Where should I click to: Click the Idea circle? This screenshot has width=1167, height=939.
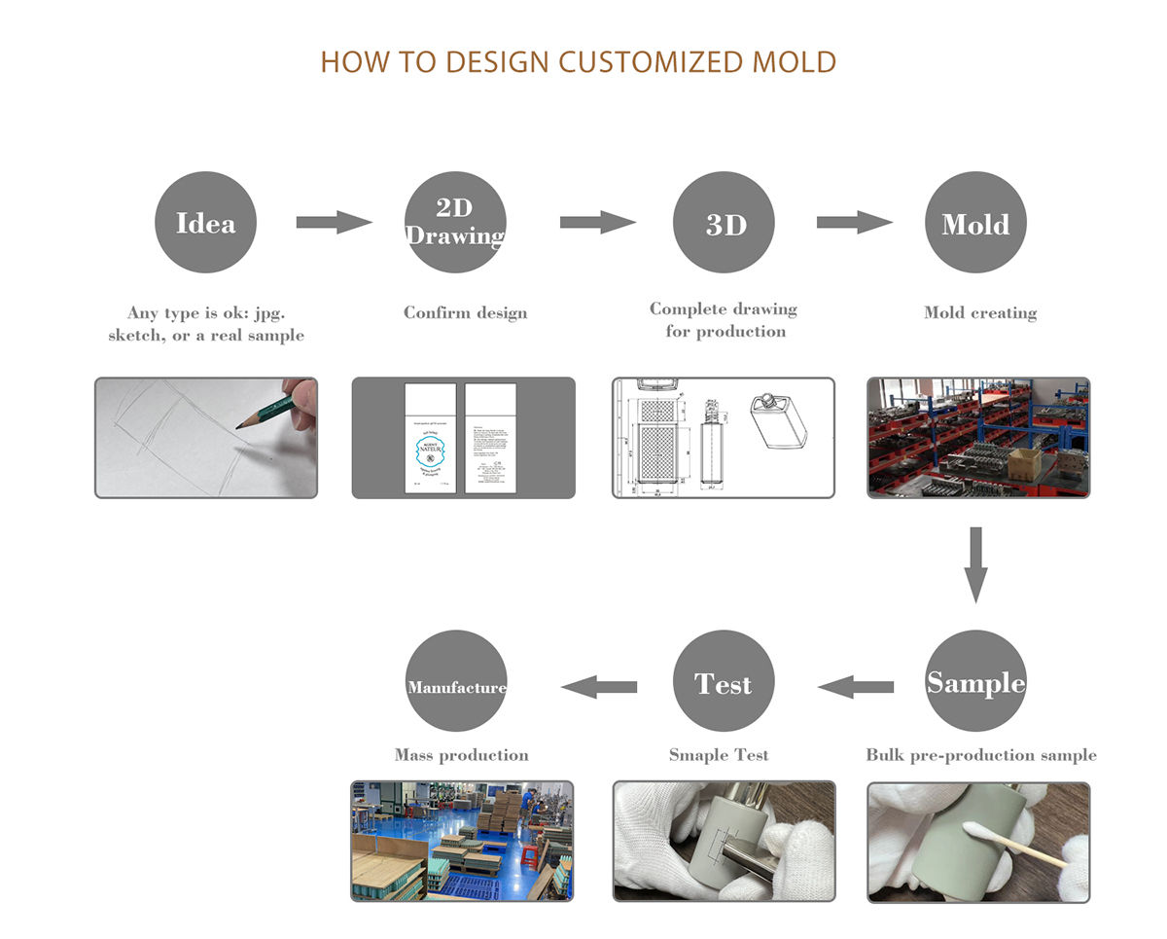[205, 223]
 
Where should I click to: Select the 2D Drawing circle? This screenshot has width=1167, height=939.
[455, 223]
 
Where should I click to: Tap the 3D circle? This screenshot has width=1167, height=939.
[725, 223]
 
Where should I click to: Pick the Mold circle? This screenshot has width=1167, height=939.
[975, 223]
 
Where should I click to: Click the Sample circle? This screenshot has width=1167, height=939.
[975, 681]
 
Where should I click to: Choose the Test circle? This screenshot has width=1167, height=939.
[725, 681]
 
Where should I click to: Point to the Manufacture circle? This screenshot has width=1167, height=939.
[456, 681]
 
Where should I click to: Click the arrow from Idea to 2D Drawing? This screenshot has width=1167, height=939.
[334, 222]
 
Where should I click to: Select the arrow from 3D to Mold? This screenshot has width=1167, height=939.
[854, 222]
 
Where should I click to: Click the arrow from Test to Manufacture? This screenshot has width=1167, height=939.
[599, 687]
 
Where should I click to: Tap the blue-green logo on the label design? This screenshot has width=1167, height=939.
[430, 450]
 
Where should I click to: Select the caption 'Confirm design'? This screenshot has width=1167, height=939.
[466, 313]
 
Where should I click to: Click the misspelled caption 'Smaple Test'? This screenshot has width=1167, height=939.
[719, 755]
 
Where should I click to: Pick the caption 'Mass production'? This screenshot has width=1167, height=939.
[462, 755]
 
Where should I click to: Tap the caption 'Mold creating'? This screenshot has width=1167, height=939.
[980, 313]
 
